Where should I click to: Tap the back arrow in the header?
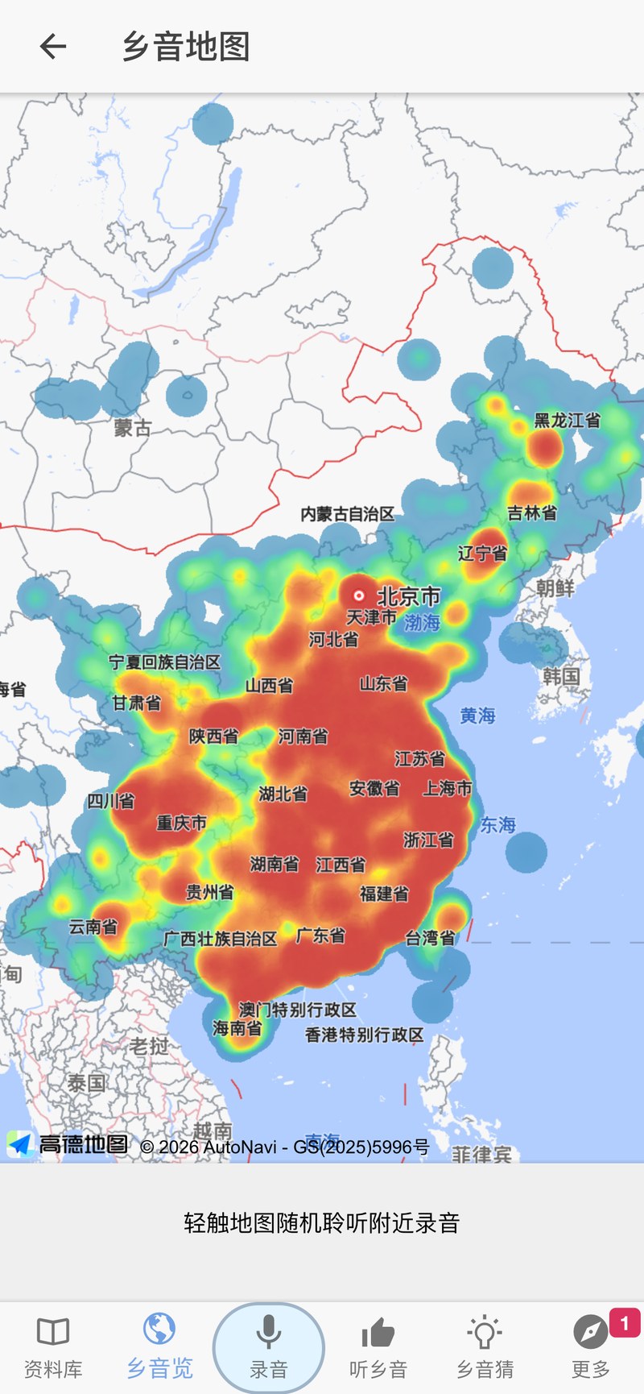pyautogui.click(x=53, y=47)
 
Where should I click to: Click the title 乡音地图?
pyautogui.click(x=186, y=47)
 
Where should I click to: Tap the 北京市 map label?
pyautogui.click(x=409, y=597)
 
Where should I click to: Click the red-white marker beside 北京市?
pyautogui.click(x=359, y=596)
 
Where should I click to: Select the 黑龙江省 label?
pyautogui.click(x=568, y=421)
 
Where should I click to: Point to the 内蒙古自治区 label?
pyautogui.click(x=348, y=514)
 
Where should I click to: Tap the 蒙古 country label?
pyautogui.click(x=133, y=428)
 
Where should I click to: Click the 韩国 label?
pyautogui.click(x=561, y=676)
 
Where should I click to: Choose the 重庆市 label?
pyautogui.click(x=182, y=823)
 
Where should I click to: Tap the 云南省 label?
pyautogui.click(x=93, y=927)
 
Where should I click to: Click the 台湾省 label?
pyautogui.click(x=430, y=938)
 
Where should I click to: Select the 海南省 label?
pyautogui.click(x=237, y=1028)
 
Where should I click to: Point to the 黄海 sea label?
pyautogui.click(x=477, y=716)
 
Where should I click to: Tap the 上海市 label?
pyautogui.click(x=448, y=788)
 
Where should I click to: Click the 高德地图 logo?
pyautogui.click(x=68, y=1144)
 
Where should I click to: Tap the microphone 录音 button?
pyautogui.click(x=269, y=1346)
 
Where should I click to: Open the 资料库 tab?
pyautogui.click(x=53, y=1346)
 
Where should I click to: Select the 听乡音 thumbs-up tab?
pyautogui.click(x=378, y=1346)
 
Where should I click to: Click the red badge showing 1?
pyautogui.click(x=625, y=1323)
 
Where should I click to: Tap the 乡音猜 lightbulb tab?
pyautogui.click(x=485, y=1346)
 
